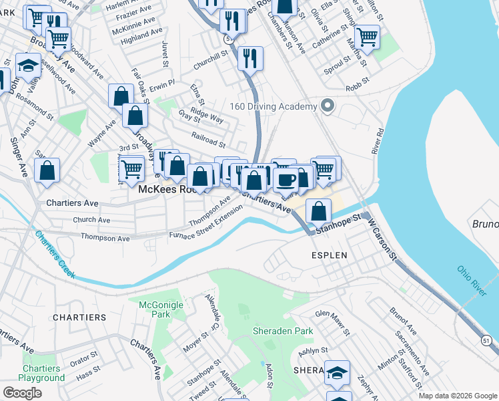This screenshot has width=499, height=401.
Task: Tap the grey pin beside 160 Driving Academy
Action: (x=326, y=106)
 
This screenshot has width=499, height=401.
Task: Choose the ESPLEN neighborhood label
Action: (x=328, y=255)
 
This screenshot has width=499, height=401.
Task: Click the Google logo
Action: (x=22, y=392)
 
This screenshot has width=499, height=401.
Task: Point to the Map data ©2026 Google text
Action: (x=458, y=396)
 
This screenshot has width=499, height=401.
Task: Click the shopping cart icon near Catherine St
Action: (x=367, y=37)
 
